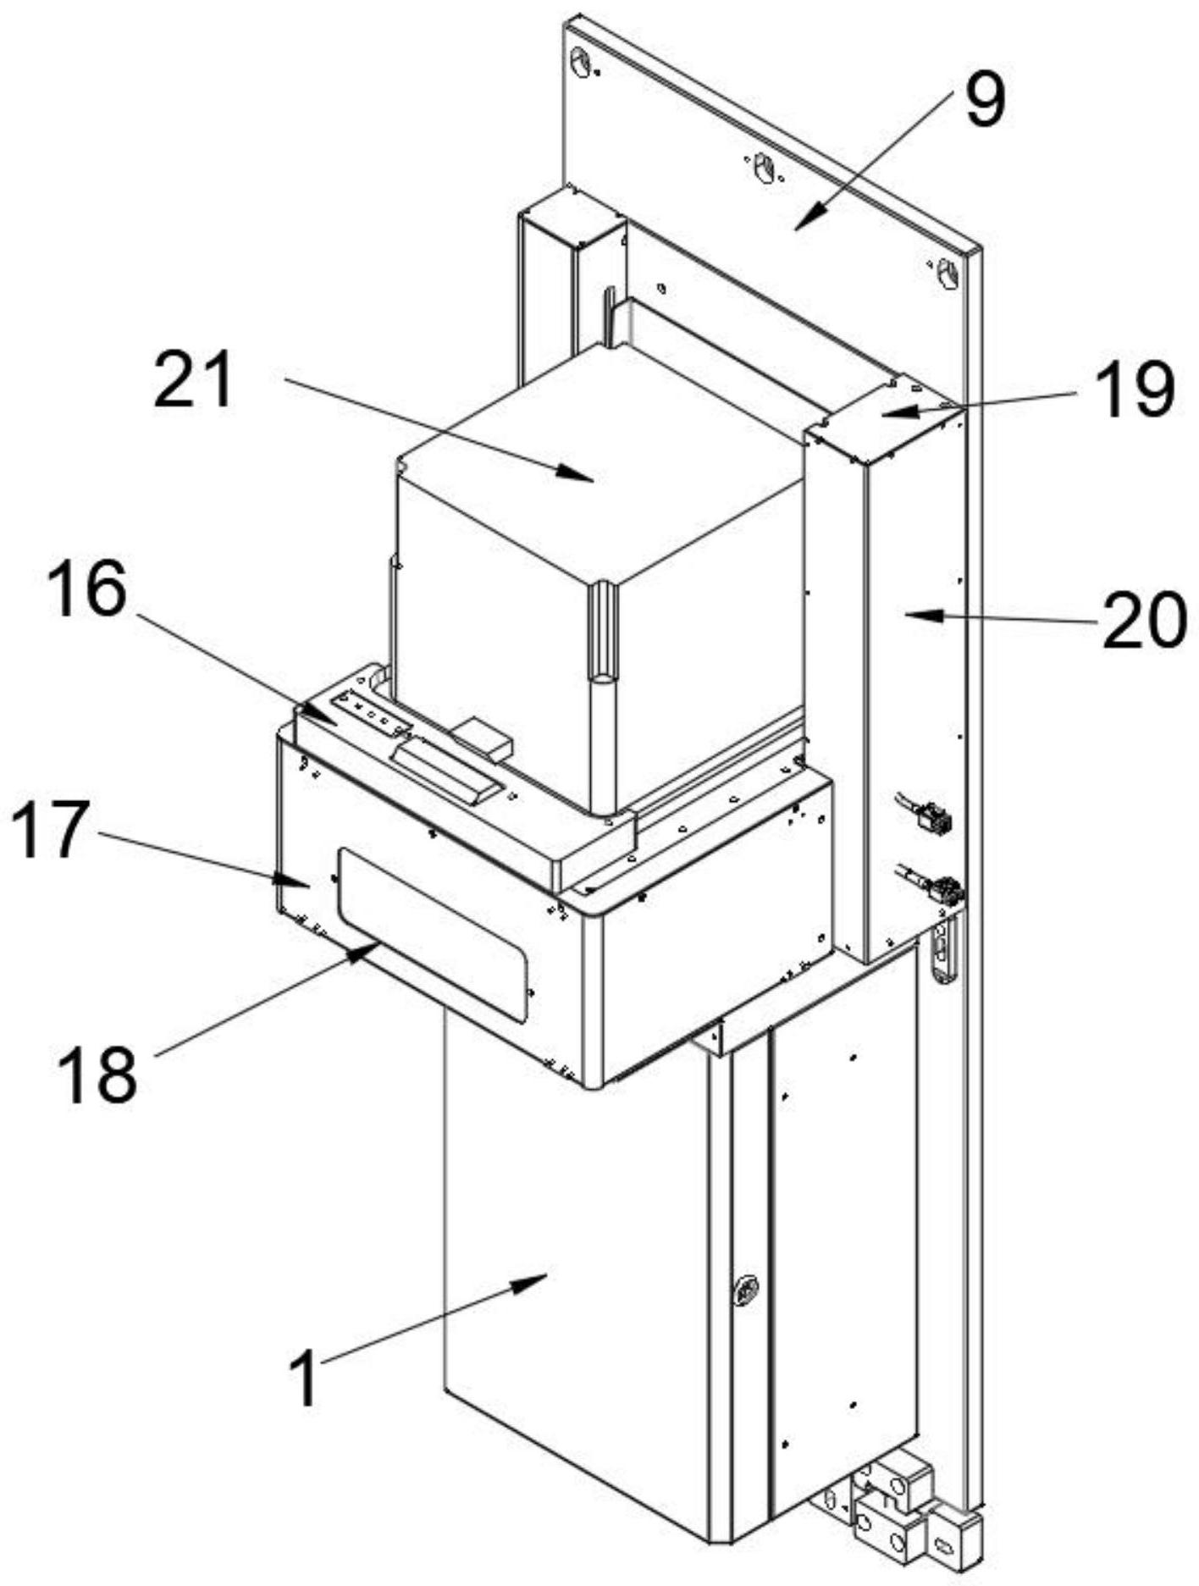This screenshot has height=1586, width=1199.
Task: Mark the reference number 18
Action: pyautogui.click(x=98, y=1073)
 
